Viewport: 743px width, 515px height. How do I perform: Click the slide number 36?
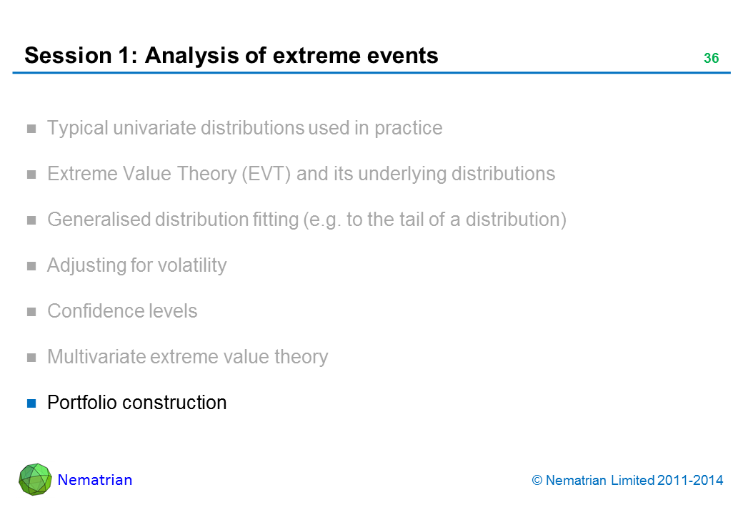712,58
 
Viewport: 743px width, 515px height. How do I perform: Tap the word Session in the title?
68,56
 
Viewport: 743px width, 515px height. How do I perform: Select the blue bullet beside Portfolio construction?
31,403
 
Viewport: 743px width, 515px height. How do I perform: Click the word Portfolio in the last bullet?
81,403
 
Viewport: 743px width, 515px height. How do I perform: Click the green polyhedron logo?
35,479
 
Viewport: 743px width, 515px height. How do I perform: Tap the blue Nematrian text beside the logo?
95,480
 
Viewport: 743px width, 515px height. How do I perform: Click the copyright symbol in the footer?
537,481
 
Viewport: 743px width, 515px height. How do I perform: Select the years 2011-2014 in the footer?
690,481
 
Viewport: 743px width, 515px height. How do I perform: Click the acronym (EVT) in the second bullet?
266,174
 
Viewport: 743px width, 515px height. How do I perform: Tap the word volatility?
192,265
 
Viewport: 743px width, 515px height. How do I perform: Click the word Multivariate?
96,357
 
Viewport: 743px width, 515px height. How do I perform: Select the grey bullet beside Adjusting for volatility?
31,266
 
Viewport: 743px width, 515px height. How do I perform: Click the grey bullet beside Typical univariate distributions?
31,129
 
